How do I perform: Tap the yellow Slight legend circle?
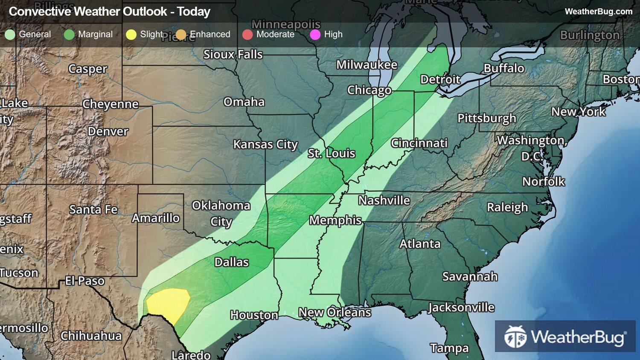coord(131,35)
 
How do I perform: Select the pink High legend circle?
coord(315,35)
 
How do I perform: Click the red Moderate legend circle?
coord(247,35)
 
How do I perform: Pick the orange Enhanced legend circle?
coord(181,35)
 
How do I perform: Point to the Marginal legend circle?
coord(69,35)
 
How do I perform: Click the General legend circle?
coord(10,35)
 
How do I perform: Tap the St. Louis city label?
coord(332,154)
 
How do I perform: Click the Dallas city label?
coord(231,262)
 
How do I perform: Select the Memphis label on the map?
coord(335,220)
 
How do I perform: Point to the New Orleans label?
coord(335,312)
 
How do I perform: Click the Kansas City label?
coord(265,145)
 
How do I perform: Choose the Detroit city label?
coord(440,80)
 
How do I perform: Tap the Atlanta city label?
coord(420,244)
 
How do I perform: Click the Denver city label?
coord(108,131)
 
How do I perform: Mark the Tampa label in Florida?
coord(449,348)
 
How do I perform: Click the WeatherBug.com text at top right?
coord(598,12)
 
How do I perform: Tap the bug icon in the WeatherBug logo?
coord(515,337)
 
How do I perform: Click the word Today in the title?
coord(194,12)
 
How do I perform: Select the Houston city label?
coord(254,315)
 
